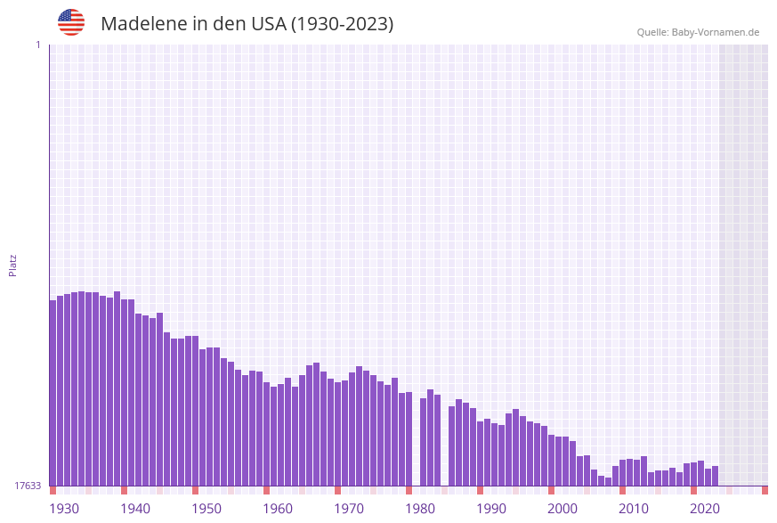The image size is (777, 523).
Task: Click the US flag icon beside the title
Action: (71, 22)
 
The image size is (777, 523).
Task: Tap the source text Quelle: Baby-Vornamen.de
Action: (698, 32)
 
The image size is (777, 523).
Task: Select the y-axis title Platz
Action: (13, 265)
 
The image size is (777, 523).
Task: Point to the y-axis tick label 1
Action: (37, 45)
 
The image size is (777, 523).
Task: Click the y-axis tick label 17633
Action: (28, 486)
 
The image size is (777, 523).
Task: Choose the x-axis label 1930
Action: (64, 508)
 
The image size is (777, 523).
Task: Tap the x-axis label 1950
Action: (206, 508)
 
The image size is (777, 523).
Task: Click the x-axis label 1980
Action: (420, 508)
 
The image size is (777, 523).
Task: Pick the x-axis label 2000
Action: (563, 508)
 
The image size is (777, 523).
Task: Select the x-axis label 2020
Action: (705, 508)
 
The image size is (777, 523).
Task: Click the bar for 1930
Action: (53, 392)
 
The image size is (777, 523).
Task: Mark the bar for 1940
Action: (125, 392)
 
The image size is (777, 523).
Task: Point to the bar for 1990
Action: (481, 454)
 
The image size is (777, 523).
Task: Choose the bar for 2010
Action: (623, 472)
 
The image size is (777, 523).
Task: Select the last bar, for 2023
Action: (715, 476)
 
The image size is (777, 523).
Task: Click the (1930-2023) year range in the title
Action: (342, 24)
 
